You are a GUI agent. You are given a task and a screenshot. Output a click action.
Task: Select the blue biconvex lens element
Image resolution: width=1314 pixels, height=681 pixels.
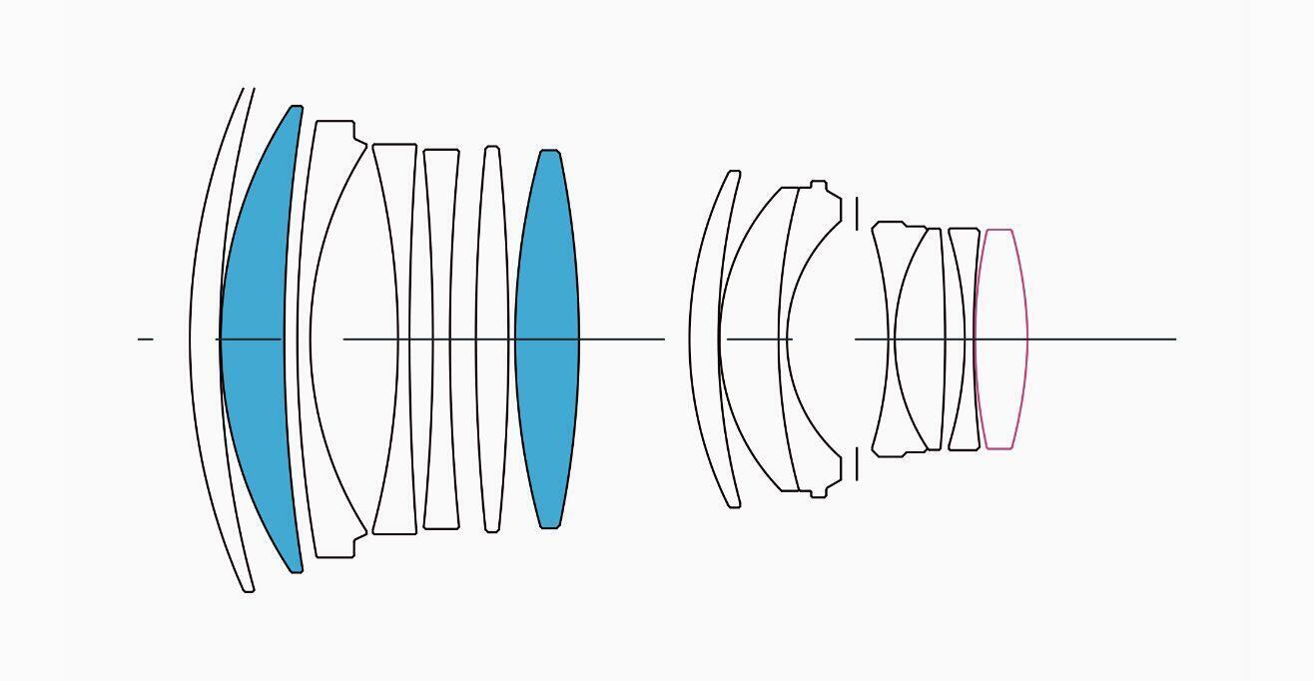547,340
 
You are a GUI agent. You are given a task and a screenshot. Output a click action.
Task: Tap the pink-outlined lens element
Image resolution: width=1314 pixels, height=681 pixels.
1000,340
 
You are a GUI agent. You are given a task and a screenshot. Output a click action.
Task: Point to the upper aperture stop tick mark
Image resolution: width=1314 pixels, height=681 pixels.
857,213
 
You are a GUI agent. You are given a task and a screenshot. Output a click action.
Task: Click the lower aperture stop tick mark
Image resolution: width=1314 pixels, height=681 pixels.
857,465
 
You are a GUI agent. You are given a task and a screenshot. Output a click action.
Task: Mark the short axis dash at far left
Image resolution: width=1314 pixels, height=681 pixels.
146,340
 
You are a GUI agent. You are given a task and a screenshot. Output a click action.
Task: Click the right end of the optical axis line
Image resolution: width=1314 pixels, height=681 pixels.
1174,340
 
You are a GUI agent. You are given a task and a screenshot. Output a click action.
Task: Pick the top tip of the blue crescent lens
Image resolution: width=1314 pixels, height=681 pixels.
296,107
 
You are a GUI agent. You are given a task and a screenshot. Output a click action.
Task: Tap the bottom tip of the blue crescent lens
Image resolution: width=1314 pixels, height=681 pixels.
296,571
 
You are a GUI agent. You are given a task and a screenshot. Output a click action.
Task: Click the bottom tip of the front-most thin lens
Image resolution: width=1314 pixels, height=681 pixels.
249,590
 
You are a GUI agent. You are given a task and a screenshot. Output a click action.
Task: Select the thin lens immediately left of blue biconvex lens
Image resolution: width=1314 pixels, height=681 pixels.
491,340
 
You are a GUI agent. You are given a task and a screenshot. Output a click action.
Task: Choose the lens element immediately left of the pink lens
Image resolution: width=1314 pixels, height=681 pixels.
965,340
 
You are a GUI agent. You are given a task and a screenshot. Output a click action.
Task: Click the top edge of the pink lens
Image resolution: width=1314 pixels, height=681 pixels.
998,231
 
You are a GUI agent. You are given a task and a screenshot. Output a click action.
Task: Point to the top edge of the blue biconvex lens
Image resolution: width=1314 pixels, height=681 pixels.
549,152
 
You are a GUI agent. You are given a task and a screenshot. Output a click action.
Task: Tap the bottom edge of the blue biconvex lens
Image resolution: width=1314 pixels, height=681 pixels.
549,526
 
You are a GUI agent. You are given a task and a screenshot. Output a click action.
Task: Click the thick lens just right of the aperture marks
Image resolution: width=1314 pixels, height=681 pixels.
884,340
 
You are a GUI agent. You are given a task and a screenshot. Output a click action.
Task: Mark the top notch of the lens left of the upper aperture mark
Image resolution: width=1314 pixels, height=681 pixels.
819,184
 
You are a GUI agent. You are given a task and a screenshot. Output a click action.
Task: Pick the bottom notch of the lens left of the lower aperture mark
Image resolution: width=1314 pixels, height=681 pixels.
819,494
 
